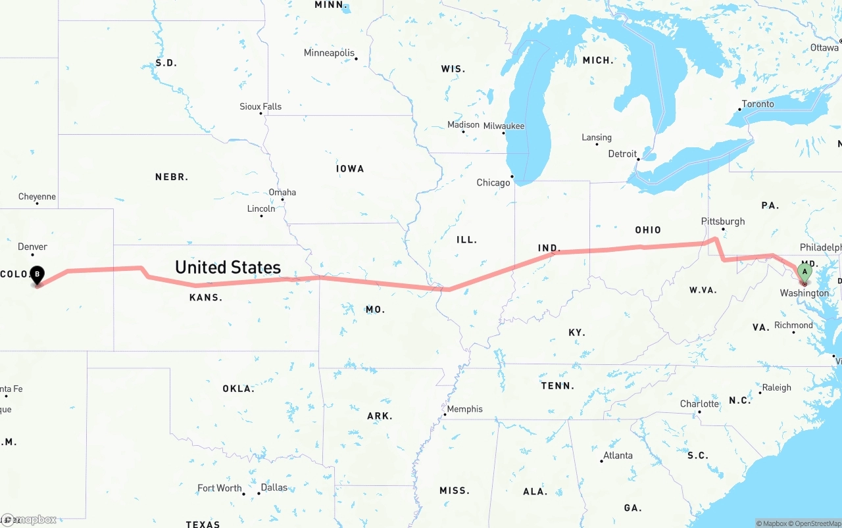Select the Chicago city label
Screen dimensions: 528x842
pos(493,183)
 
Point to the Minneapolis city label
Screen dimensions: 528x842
pos(329,53)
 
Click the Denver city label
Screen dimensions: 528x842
pos(32,247)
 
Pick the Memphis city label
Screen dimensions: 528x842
pos(464,409)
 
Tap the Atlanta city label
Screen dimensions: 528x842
pos(618,455)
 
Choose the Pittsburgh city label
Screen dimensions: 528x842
pos(723,221)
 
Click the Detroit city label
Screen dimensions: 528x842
pos(622,154)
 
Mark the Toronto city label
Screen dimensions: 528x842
pos(758,104)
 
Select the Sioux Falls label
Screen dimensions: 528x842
pos(260,107)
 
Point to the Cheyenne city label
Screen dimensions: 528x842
pos(37,197)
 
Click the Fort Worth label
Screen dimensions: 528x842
pos(220,488)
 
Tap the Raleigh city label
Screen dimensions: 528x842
pos(777,387)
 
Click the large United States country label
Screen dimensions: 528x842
pos(228,267)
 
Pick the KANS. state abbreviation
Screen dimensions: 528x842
pos(206,297)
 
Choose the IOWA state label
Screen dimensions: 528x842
pos(350,168)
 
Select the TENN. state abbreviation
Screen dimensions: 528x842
pos(558,386)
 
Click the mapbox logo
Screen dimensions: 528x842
pos(30,519)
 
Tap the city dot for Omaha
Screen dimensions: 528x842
pos(283,200)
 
